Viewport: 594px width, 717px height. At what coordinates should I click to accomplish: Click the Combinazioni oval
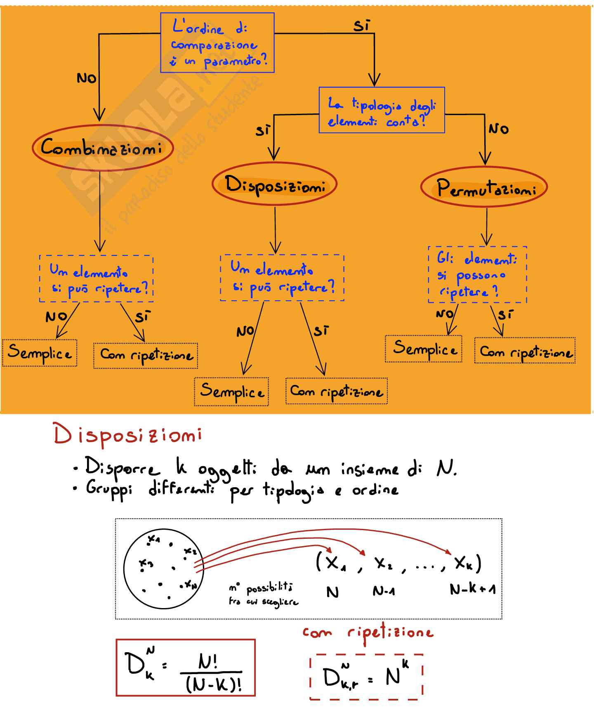102,148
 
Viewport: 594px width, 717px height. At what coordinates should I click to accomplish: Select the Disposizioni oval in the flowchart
275,184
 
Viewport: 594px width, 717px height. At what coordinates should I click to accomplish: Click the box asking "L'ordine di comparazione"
217,43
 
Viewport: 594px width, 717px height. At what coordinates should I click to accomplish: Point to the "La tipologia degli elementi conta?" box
382,110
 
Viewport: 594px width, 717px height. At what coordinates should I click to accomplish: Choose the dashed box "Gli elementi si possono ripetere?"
477,275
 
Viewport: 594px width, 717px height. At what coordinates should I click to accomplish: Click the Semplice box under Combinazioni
40,353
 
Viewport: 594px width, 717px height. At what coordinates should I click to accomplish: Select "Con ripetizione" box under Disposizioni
337,391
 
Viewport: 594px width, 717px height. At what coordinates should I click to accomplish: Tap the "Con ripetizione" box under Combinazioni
146,355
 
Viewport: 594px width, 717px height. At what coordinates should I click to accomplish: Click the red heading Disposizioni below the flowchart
128,436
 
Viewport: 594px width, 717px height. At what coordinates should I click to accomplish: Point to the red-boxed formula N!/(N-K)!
186,667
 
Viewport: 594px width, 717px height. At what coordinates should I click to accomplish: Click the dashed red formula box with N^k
366,677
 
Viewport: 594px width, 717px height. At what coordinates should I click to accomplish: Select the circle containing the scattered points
164,568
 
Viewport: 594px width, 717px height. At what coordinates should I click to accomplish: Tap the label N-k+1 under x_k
473,589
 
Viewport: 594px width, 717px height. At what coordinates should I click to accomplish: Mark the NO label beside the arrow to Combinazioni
87,78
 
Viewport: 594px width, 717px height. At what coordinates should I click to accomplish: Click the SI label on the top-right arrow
362,26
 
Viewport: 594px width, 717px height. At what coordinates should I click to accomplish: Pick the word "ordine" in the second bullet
375,490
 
